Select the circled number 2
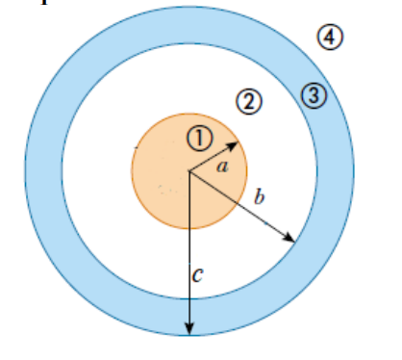click(249, 101)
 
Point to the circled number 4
click(330, 38)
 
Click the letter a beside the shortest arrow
click(223, 167)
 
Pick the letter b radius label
click(258, 199)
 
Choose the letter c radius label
click(197, 274)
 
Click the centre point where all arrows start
click(189, 172)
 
